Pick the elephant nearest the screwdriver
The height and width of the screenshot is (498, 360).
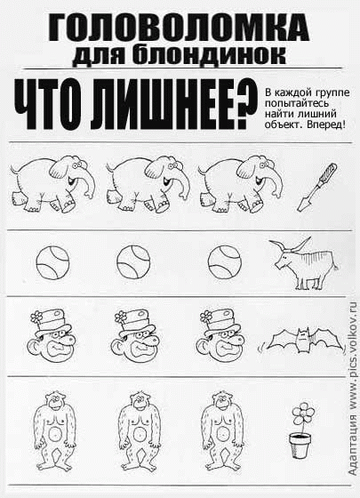point(228,179)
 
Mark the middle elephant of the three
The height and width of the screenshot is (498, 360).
point(138,179)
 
